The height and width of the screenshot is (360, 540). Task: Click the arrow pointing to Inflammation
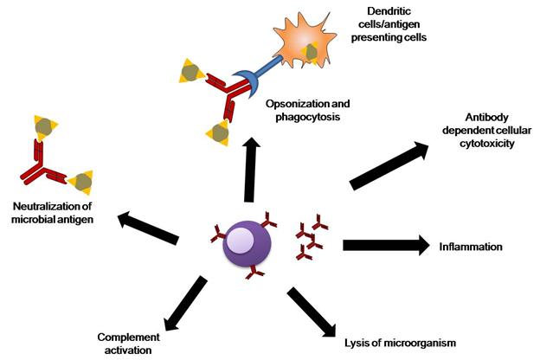point(386,245)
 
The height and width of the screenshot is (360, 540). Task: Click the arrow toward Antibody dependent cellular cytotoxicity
point(390,164)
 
